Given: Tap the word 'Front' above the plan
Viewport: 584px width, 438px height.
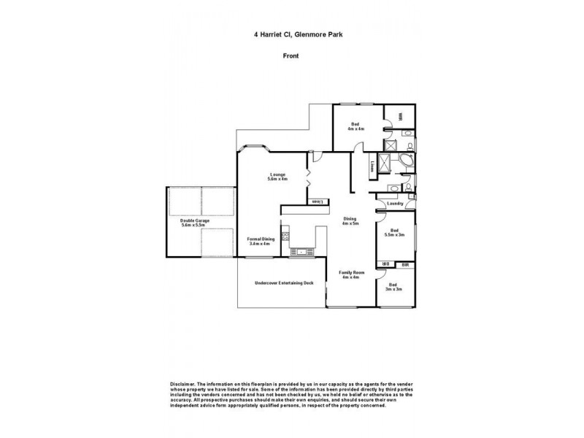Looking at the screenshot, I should click(x=291, y=55).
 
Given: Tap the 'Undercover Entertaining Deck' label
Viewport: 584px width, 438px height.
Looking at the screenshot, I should click(x=284, y=283).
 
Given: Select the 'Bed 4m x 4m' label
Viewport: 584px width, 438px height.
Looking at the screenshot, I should click(x=356, y=127).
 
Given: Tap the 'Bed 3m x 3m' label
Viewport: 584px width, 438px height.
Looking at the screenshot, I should click(x=394, y=287).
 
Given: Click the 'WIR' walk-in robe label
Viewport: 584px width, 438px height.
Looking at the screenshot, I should click(x=400, y=117).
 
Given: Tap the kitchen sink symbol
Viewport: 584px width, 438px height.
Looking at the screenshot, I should click(x=300, y=253).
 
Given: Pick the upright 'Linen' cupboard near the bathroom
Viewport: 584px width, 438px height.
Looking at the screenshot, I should click(x=372, y=166).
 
